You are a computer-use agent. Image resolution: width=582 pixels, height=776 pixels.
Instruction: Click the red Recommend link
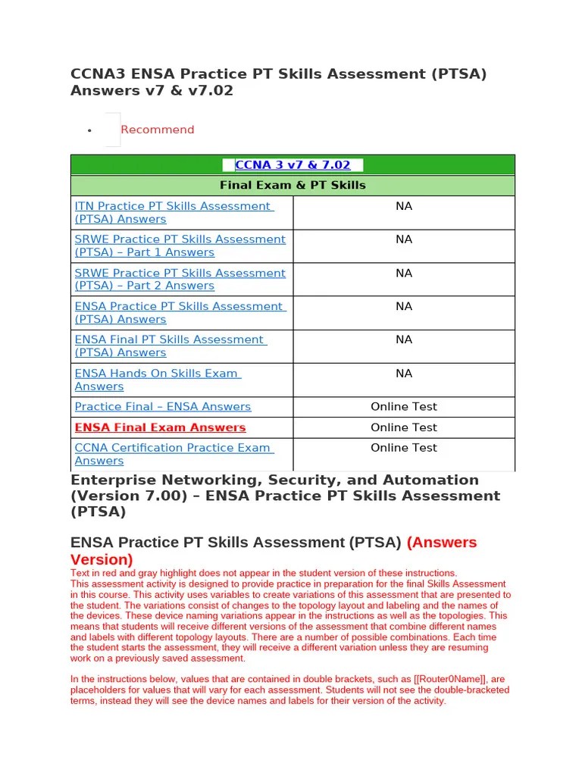[157, 130]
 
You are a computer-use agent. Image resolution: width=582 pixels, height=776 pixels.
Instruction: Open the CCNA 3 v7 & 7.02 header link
[293, 165]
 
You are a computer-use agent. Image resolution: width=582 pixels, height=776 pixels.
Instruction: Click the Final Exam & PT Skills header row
[293, 186]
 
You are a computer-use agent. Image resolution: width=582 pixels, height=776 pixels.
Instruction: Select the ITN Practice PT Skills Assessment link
[174, 212]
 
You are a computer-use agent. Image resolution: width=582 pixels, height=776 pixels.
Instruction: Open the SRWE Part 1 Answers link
[180, 246]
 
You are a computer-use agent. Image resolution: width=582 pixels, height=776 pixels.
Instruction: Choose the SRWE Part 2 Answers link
[180, 279]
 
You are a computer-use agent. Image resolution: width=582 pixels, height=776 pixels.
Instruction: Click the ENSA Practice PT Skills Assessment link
[180, 312]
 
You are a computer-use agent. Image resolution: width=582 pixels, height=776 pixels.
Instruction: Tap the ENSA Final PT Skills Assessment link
[170, 346]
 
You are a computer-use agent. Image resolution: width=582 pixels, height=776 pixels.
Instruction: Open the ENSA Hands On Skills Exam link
[158, 380]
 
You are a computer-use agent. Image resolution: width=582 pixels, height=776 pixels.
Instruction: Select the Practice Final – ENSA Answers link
[163, 407]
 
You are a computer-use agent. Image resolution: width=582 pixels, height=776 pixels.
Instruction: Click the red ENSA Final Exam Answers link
[160, 427]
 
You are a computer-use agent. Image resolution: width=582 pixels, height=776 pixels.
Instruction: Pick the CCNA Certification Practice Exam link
[174, 454]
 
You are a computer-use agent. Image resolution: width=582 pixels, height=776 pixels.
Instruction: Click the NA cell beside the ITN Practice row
[404, 206]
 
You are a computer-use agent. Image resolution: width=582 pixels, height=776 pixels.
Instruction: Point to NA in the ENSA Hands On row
[404, 374]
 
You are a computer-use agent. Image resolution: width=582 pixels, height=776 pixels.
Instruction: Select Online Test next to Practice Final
[404, 407]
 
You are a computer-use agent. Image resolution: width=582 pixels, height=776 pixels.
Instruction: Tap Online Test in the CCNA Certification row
[404, 448]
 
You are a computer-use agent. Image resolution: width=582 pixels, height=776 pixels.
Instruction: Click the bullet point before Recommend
[89, 130]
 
